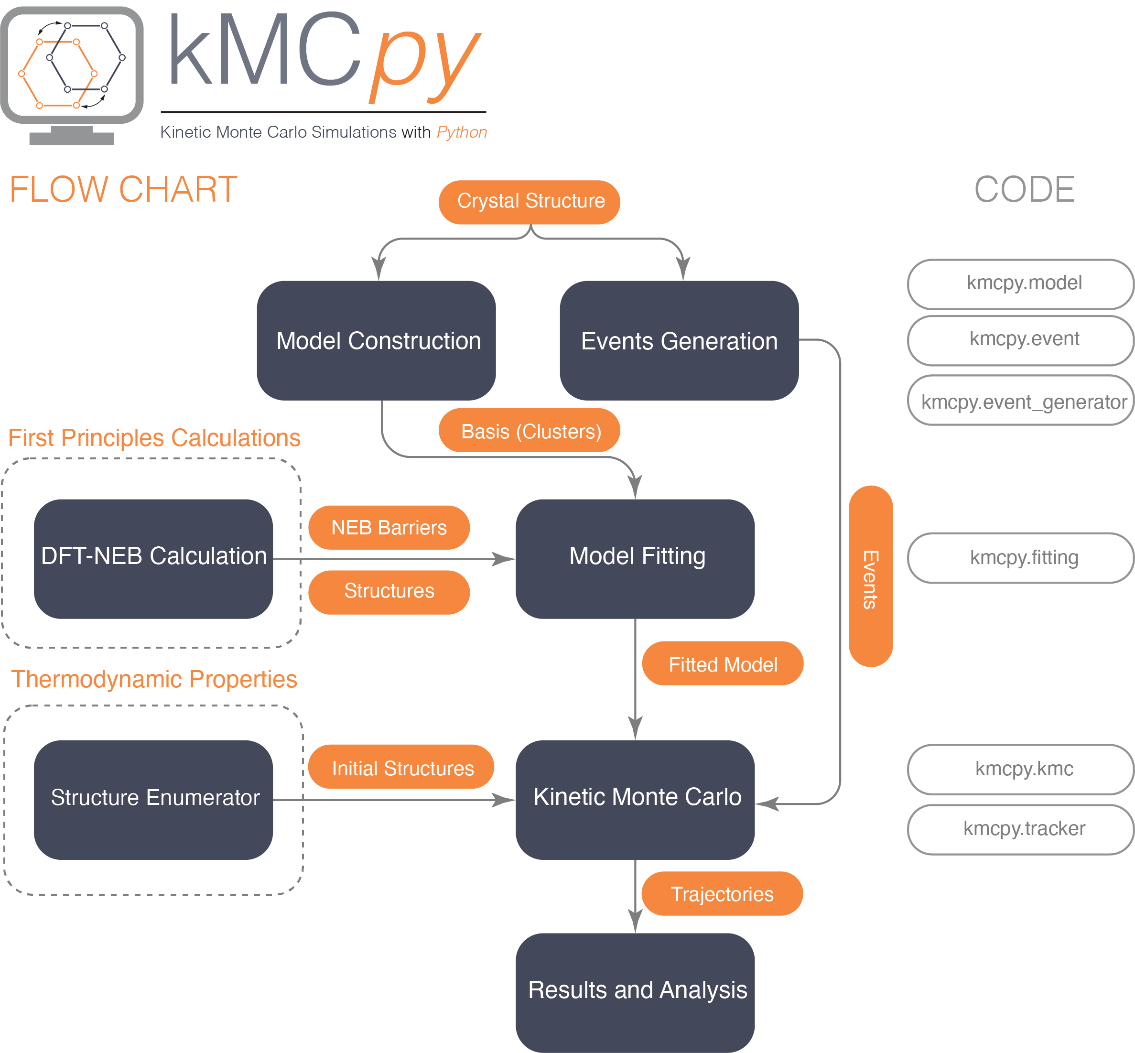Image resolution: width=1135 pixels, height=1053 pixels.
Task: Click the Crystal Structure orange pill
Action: tap(530, 202)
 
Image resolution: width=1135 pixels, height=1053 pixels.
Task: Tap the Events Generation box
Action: tap(679, 340)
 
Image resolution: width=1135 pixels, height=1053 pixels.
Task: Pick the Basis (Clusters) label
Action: tap(530, 431)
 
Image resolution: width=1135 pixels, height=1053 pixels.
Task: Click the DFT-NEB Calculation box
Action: tap(153, 558)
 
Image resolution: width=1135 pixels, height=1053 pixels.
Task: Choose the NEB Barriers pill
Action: tap(389, 528)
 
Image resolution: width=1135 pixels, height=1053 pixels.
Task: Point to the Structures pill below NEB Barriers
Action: tap(389, 591)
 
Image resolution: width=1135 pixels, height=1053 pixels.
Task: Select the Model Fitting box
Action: tap(635, 558)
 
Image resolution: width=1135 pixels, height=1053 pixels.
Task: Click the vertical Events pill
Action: tap(870, 576)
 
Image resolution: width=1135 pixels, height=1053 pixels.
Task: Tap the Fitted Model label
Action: tap(723, 664)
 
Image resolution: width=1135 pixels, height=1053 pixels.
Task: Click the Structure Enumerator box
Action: tap(153, 799)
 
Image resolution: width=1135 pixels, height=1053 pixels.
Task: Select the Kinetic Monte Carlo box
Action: tap(635, 799)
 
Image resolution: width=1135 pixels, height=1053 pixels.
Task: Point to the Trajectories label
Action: tap(722, 893)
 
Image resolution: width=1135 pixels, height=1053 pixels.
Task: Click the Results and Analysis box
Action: tap(635, 991)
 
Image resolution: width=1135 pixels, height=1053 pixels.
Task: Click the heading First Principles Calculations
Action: tap(154, 438)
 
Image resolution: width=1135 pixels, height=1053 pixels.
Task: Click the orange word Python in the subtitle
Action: tap(462, 132)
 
